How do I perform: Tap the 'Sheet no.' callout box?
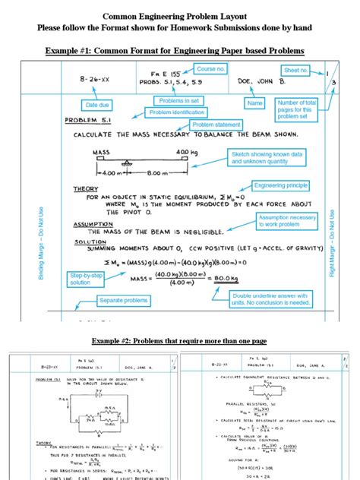click(297, 70)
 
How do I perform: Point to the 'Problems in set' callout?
click(178, 100)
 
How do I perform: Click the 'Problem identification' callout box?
click(177, 112)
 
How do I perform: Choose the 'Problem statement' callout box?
click(213, 125)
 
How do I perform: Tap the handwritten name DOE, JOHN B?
click(263, 78)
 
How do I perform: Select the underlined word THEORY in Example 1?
click(85, 188)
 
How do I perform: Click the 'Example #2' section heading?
click(180, 341)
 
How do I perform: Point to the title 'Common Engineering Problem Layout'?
click(180, 14)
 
